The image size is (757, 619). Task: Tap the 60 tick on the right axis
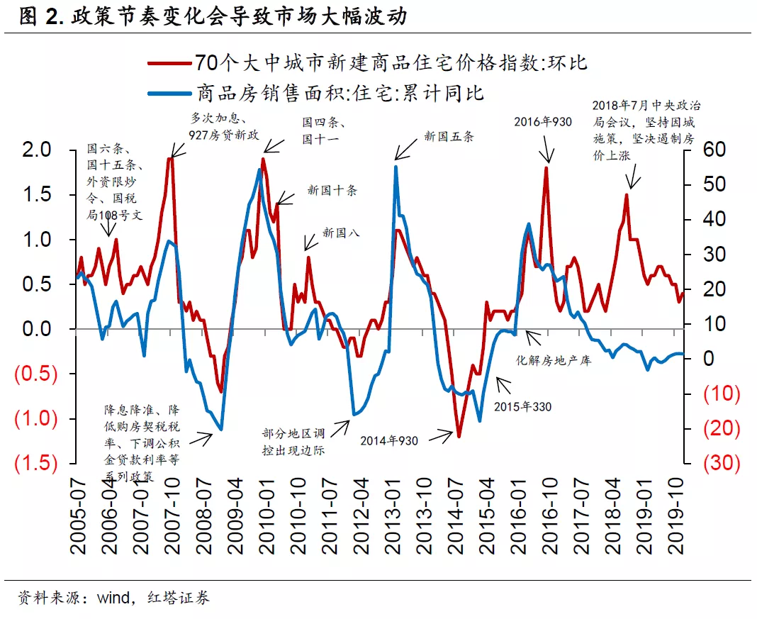(x=714, y=150)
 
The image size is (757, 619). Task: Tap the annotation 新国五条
(x=448, y=137)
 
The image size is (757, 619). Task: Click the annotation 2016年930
(x=543, y=122)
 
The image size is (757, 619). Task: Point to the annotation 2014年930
(x=389, y=440)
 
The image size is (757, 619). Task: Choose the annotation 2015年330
(x=523, y=406)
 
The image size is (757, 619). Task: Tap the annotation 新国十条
(x=332, y=190)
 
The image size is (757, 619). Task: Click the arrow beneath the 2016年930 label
(x=546, y=150)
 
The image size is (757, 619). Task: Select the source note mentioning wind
(x=113, y=598)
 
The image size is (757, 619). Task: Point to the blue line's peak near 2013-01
(x=396, y=167)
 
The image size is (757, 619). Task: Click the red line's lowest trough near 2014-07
(x=459, y=436)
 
